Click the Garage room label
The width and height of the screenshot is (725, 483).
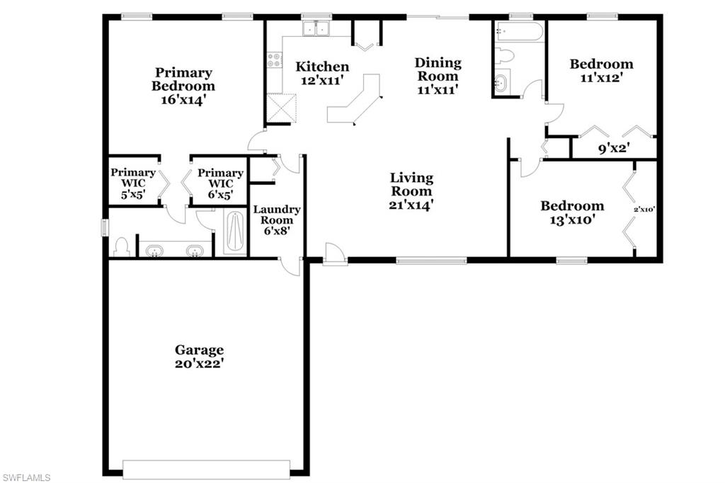tap(200, 350)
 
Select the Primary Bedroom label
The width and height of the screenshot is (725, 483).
tap(183, 79)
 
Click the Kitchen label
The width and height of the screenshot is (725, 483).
tap(322, 67)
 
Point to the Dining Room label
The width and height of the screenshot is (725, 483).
tap(438, 69)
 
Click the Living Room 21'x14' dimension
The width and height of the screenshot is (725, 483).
tap(411, 205)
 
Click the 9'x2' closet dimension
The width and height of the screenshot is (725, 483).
tap(614, 149)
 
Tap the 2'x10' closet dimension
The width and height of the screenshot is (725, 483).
tap(644, 209)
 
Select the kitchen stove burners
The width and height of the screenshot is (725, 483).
tap(273, 60)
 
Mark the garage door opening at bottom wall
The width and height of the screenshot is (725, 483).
tap(206, 470)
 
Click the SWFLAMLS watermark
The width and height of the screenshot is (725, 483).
tap(25, 477)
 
